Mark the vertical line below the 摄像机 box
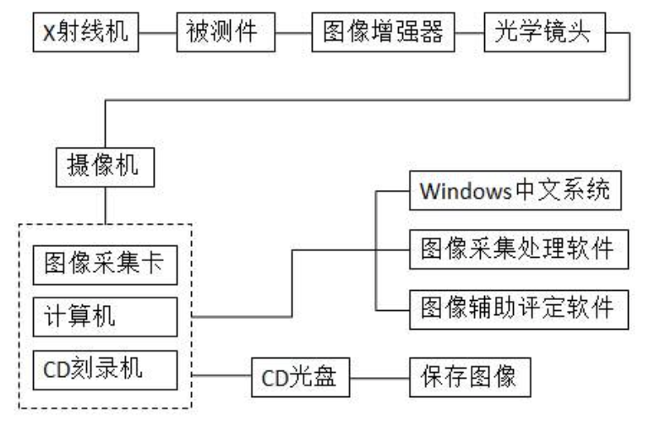[103, 205]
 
